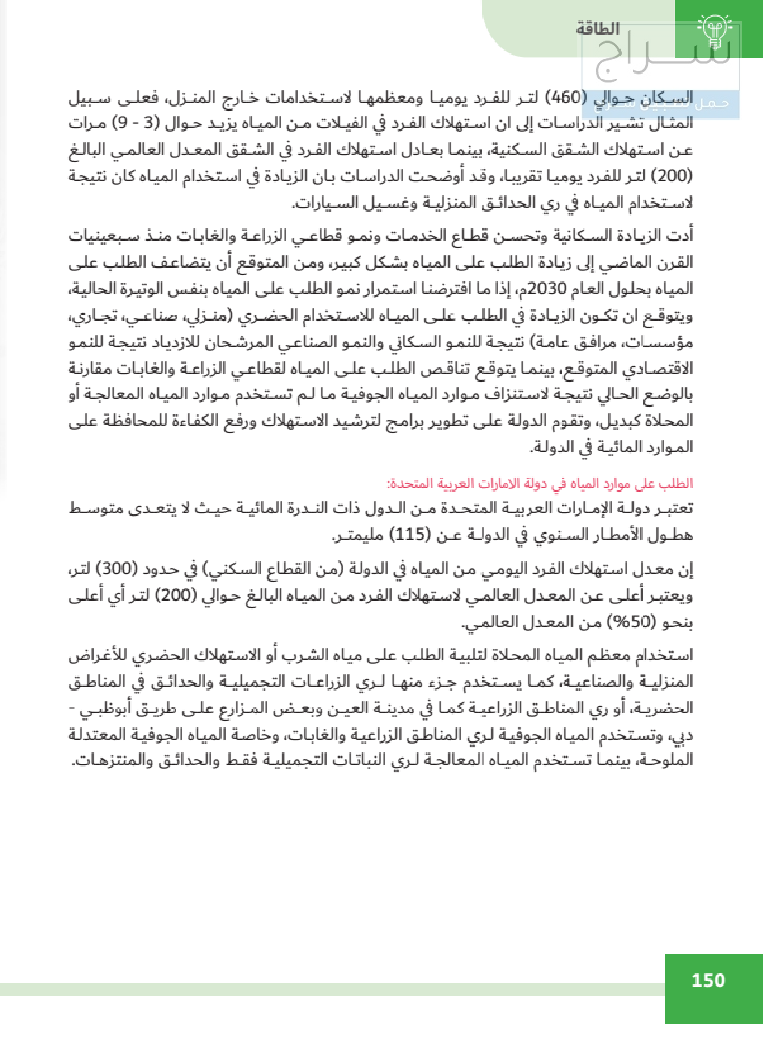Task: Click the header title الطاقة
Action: (597, 28)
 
